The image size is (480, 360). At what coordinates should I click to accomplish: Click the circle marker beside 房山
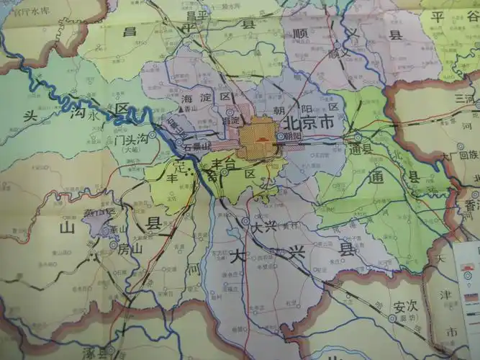coord(113,246)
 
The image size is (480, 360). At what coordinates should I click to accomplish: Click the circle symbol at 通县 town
coord(358,137)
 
